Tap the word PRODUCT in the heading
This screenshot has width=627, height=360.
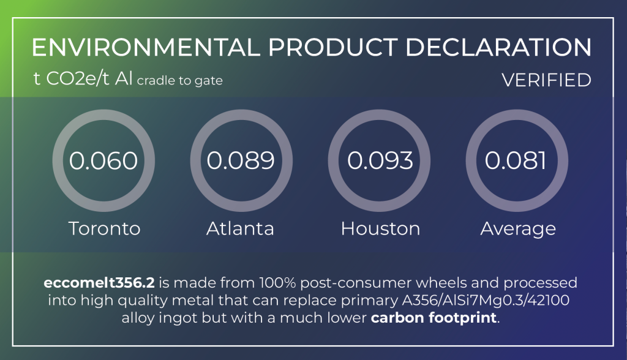point(333,48)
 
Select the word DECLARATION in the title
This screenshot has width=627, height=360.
point(498,48)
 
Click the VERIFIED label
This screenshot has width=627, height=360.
point(546,80)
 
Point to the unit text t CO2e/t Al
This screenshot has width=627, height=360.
point(83,79)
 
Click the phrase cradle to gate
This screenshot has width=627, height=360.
point(180,81)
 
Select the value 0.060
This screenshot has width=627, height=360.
point(103,161)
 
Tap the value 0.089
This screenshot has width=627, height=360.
point(241,161)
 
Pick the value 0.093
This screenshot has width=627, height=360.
point(380,161)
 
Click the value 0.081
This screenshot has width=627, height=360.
point(516,161)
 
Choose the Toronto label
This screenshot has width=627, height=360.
point(105,229)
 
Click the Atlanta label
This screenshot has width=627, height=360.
point(240,229)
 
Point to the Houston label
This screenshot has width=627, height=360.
point(381,229)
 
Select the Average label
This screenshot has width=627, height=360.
point(518,229)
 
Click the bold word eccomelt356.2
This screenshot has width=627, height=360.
point(99,283)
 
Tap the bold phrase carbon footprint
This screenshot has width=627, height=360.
point(434,318)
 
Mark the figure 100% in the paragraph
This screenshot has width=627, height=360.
point(277,283)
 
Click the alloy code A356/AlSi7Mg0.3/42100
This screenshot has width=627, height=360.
point(486,301)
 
